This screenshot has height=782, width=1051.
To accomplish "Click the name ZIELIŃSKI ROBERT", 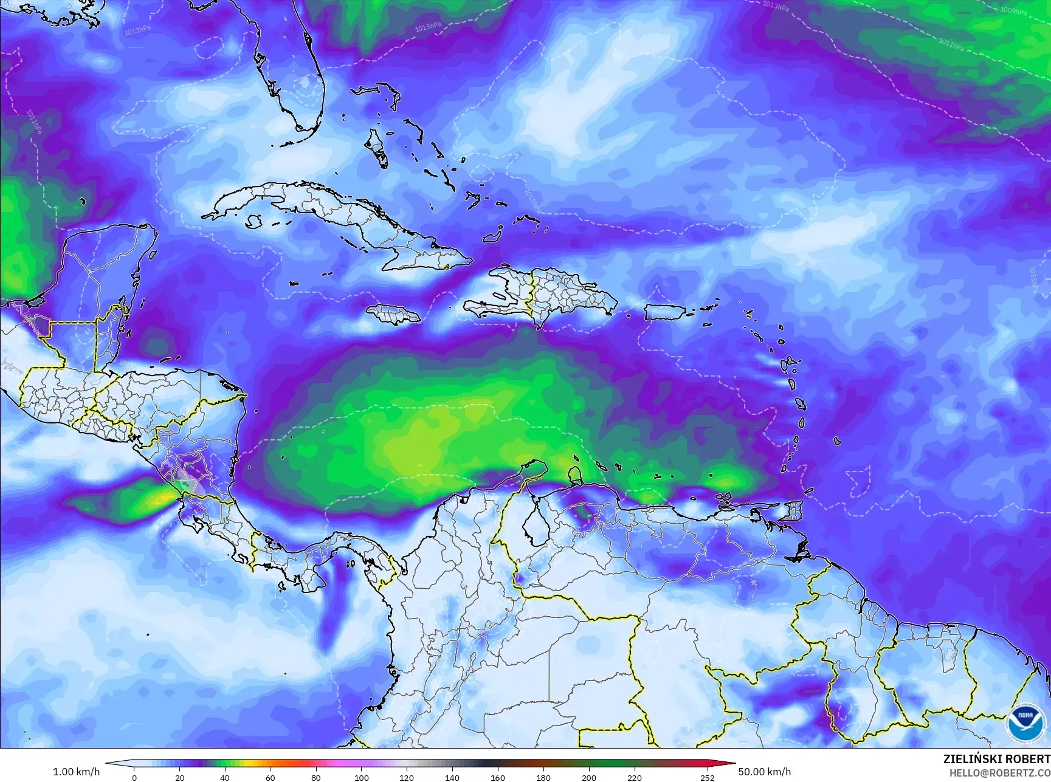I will tap(996, 759).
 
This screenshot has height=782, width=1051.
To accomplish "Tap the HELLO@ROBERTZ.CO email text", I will tap(999, 772).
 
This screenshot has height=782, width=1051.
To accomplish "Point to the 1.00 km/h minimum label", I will tap(77, 772).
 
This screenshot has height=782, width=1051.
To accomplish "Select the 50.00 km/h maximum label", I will tap(764, 772).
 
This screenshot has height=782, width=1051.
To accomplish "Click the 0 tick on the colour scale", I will tap(134, 777).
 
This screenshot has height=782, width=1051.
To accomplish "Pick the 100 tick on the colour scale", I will tap(362, 777).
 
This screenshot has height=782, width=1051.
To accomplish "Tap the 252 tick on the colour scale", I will tap(707, 777).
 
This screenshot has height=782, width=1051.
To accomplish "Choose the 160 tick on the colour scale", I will tap(498, 777).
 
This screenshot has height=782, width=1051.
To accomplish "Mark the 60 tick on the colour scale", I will tap(271, 777).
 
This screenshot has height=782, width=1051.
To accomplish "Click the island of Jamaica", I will tap(394, 314).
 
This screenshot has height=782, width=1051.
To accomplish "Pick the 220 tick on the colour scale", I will tap(634, 777).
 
